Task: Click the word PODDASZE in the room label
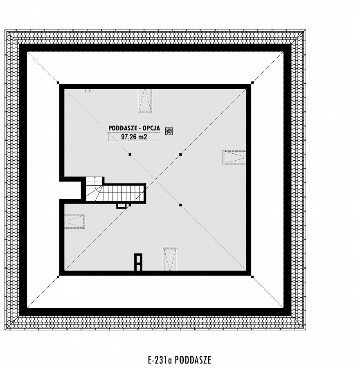click(121, 128)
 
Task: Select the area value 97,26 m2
click(134, 137)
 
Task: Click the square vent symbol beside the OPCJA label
click(169, 131)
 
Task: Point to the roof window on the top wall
click(145, 100)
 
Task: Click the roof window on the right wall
click(234, 157)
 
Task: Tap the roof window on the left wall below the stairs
click(74, 221)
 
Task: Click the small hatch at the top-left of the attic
click(88, 91)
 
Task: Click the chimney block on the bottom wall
click(138, 262)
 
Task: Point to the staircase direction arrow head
click(95, 178)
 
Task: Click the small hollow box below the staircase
click(121, 206)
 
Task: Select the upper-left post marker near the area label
click(130, 155)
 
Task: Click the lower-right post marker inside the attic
click(180, 205)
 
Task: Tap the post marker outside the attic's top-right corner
click(252, 83)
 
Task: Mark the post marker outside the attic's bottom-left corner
click(58, 277)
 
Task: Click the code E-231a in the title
click(161, 360)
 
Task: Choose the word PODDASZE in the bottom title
click(193, 360)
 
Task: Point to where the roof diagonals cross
click(155, 180)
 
